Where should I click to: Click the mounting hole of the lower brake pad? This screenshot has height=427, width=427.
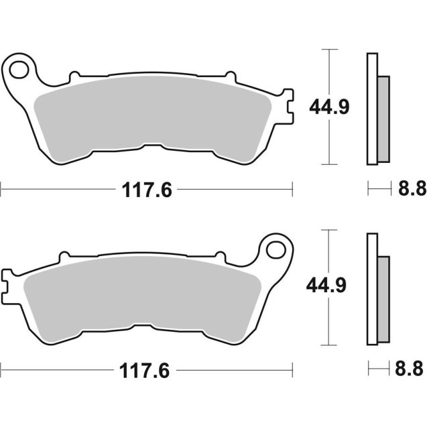274,249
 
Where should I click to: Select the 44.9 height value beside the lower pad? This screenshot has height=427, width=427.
327,287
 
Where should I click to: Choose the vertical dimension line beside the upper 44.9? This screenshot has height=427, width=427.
328,141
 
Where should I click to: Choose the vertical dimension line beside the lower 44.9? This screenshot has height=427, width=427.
328,322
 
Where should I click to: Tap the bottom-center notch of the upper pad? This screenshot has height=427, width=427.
162,146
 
